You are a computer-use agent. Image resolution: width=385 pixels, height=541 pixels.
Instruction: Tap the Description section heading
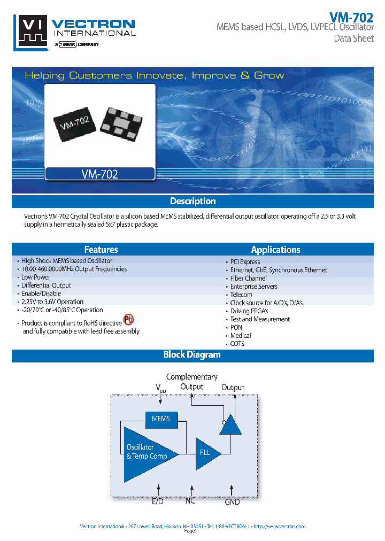click(192, 202)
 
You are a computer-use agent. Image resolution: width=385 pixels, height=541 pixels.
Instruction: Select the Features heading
click(101, 250)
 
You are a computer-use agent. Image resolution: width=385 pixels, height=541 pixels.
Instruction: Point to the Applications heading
click(275, 250)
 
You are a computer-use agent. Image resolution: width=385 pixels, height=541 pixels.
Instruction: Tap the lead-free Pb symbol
click(128, 320)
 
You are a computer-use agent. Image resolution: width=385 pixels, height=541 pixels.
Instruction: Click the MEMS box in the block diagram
click(160, 419)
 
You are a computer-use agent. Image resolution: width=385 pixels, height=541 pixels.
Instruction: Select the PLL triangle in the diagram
click(206, 453)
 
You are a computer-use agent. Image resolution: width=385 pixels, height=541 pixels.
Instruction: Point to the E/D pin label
click(158, 501)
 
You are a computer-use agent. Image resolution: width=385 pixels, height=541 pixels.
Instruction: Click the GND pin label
click(232, 501)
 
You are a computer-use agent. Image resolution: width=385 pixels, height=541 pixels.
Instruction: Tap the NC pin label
click(190, 500)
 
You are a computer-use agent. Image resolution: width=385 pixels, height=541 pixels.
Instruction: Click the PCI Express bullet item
click(245, 262)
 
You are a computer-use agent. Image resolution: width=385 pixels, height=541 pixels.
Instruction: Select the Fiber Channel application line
click(248, 279)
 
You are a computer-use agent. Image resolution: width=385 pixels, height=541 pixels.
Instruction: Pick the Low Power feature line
click(36, 277)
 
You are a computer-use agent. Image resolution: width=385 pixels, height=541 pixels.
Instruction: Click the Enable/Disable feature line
click(41, 293)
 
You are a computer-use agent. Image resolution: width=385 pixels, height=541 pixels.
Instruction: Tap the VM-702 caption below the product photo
click(100, 174)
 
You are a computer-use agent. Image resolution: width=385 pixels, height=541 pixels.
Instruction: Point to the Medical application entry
click(241, 336)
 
